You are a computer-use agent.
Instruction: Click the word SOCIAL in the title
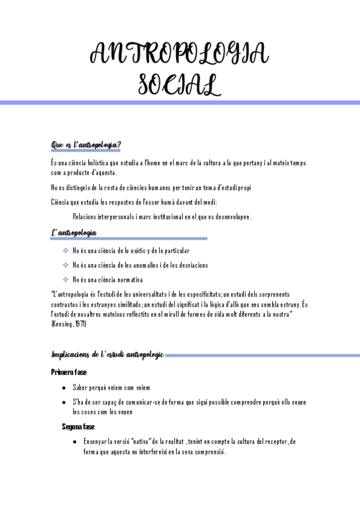(180, 84)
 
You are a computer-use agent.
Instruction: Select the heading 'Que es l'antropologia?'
(87, 145)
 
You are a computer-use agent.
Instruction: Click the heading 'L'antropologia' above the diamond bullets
(75, 233)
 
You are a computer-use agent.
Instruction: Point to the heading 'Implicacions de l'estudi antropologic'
(108, 355)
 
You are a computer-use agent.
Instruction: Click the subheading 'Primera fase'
(69, 372)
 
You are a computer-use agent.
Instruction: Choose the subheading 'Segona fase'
(78, 426)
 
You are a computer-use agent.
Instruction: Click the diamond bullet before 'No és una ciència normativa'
(66, 280)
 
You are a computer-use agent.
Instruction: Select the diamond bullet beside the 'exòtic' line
(66, 251)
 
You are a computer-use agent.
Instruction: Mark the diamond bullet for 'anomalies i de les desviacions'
(66, 265)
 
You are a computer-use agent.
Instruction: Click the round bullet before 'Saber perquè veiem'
(64, 388)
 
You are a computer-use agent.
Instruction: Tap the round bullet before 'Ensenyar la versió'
(74, 441)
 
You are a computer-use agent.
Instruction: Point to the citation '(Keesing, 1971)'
(69, 324)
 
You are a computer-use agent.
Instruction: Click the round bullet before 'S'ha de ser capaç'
(64, 402)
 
